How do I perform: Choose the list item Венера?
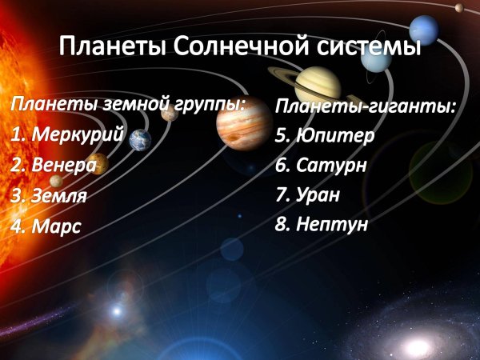pos(65,165)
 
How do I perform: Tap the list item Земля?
pos(59,195)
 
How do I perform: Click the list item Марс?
pos(56,226)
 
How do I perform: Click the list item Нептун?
pos(332,224)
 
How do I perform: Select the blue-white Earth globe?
pos(141,139)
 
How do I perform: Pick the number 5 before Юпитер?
pos(281,136)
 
